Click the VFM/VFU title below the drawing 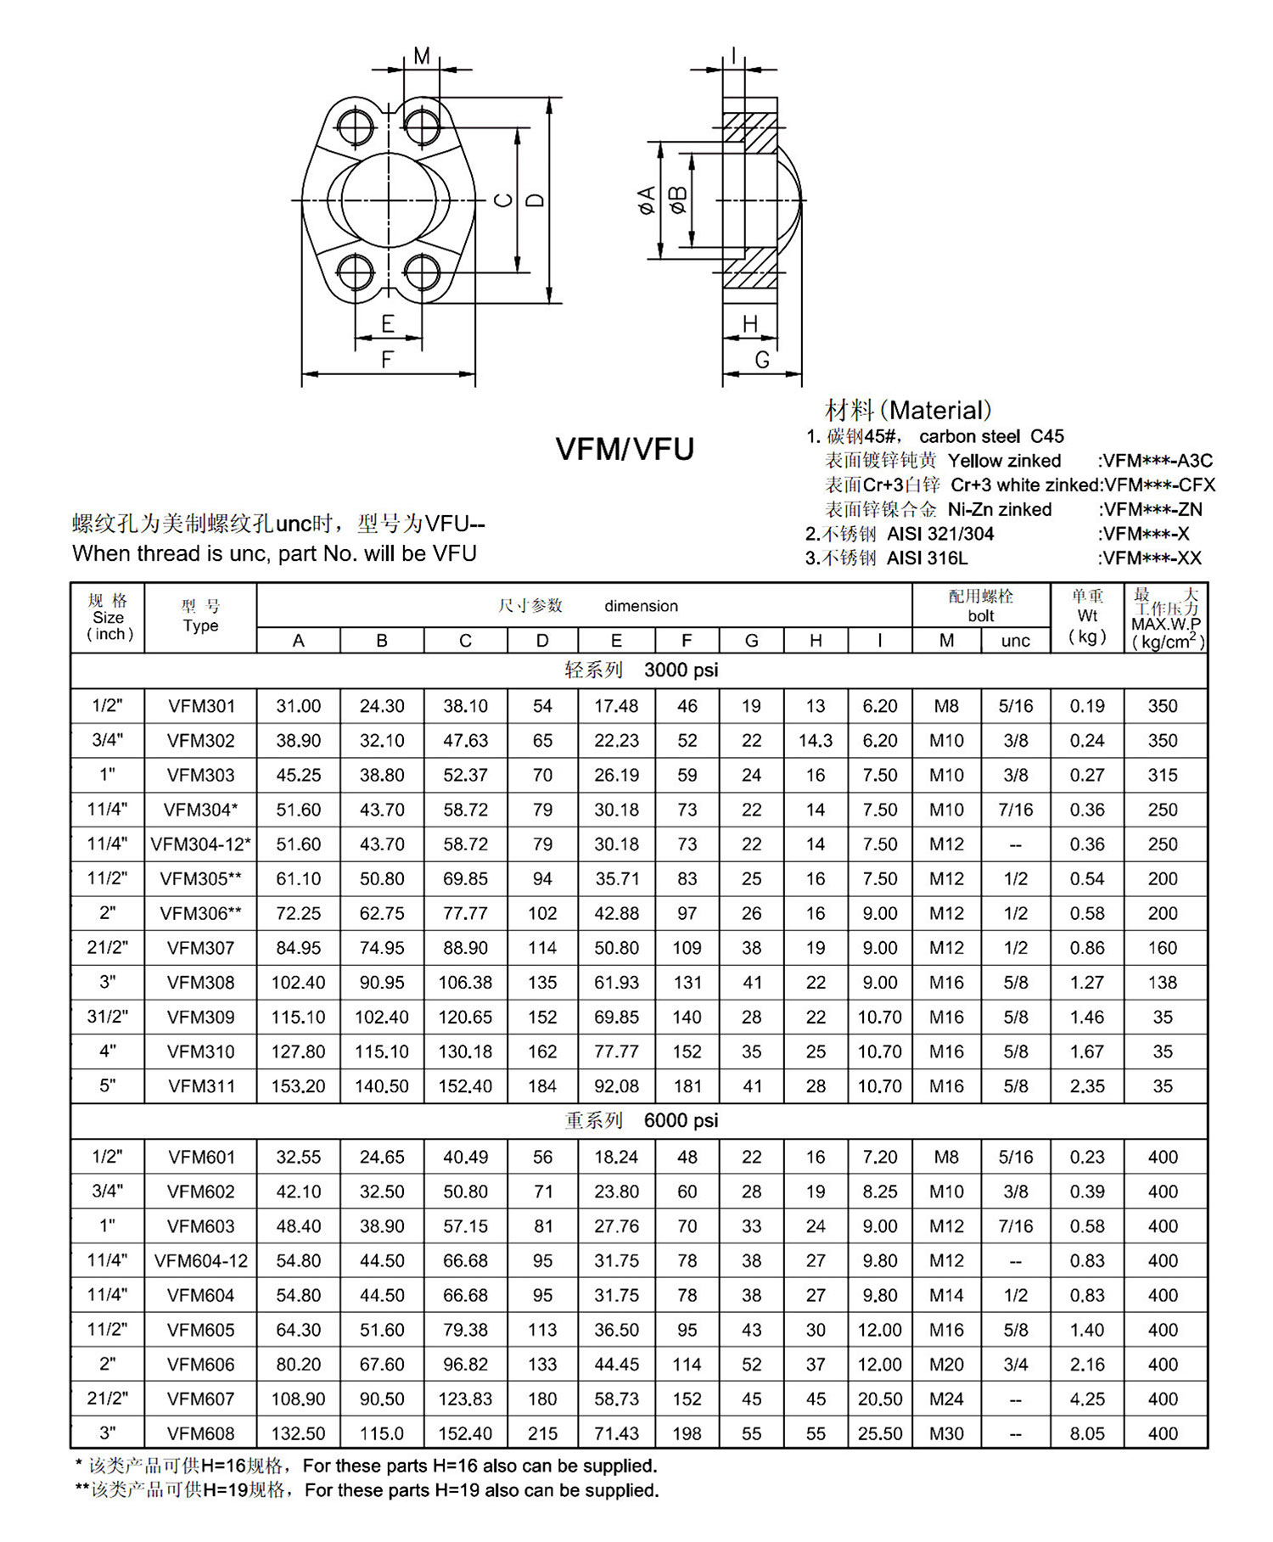(x=625, y=449)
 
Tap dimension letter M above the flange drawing (x=422, y=56)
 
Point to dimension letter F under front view (x=387, y=360)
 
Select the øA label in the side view (x=648, y=200)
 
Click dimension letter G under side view (x=762, y=360)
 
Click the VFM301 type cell (x=201, y=706)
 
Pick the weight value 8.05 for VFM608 (x=1087, y=1433)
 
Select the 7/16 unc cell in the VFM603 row (x=1016, y=1226)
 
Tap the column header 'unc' (x=1016, y=641)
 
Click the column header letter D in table (x=542, y=641)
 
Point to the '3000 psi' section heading (x=681, y=670)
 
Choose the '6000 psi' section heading (x=681, y=1121)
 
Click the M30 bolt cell (x=946, y=1433)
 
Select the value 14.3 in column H (x=816, y=741)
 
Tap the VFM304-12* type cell (x=201, y=844)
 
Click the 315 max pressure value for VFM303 (x=1163, y=776)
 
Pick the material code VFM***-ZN (x=1152, y=510)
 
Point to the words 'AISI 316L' (x=927, y=558)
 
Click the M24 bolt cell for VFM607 (x=946, y=1399)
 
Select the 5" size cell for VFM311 (x=108, y=1085)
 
